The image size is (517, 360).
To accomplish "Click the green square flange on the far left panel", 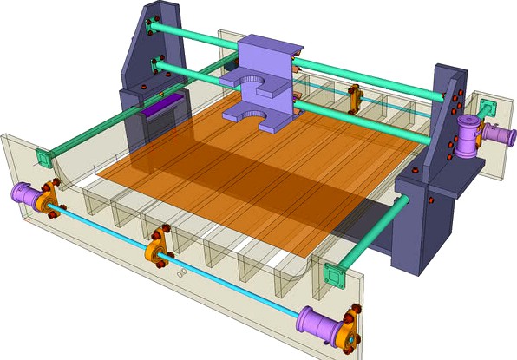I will pos(42,159).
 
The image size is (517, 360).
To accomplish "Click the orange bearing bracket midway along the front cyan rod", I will pos(158,246).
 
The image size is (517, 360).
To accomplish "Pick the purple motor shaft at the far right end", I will pos(503,135).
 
